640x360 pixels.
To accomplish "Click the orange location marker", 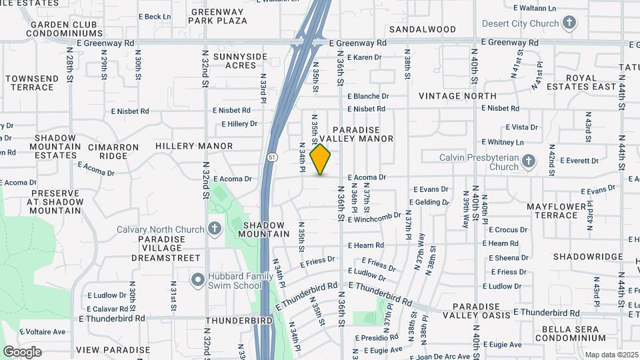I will (x=321, y=159).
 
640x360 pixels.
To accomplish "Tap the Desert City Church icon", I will (x=569, y=24).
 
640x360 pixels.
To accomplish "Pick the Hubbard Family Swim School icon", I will (x=197, y=280).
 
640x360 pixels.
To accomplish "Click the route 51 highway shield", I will (x=273, y=157).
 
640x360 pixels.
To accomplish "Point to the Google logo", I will (x=22, y=352).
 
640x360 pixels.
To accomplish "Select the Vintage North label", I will (x=457, y=96).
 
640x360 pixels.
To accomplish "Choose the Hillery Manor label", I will (x=194, y=146).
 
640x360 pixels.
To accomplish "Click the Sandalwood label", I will (x=423, y=29).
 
